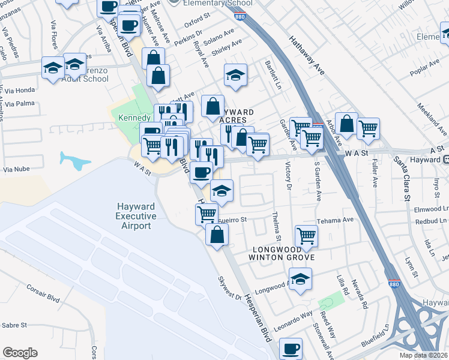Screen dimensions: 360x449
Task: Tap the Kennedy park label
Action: [x=134, y=117]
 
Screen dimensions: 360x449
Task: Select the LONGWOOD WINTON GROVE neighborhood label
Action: [x=281, y=253]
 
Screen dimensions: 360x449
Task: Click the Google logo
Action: [x=20, y=353]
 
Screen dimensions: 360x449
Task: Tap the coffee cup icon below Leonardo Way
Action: [x=291, y=348]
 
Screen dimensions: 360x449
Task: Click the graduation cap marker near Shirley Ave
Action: [x=235, y=74]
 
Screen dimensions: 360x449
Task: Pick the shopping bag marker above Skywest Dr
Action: [x=216, y=234]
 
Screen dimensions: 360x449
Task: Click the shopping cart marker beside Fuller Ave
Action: [x=368, y=127]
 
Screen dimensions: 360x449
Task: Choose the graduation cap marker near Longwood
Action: [x=300, y=278]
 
